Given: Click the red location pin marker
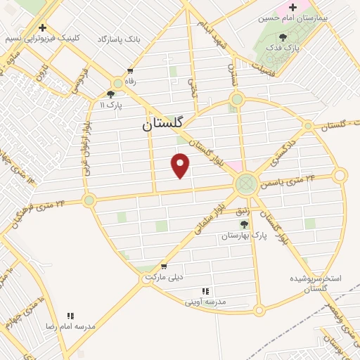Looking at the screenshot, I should point(181,165).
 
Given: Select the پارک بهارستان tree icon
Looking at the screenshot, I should point(244,224).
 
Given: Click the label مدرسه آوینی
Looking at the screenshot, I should point(205,302).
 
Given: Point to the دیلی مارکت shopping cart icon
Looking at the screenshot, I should point(164,266).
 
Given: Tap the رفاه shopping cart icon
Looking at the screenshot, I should point(130,71).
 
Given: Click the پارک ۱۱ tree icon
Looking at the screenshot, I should point(110,94).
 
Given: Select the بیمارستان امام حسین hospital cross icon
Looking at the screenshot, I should point(292,7).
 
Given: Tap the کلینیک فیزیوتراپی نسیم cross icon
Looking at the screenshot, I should point(43,28).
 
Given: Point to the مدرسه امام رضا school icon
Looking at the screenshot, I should point(70,316).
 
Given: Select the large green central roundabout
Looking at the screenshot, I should point(246,185).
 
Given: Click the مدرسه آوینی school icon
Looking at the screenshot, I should point(205,291).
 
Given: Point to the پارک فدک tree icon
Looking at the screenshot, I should point(283,37).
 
